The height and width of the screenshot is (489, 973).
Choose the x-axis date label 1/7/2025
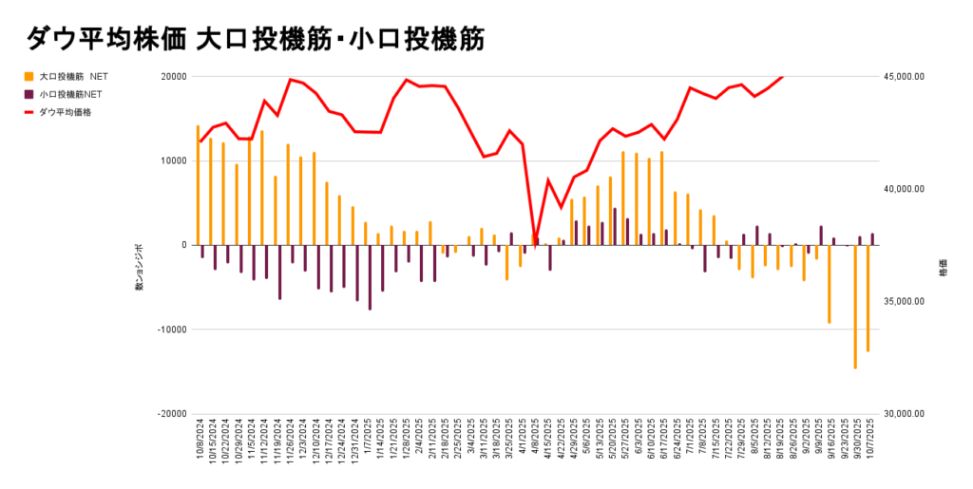click(x=367, y=441)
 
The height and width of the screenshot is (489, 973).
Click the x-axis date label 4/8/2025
click(x=534, y=441)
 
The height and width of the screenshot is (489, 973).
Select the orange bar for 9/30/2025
click(x=855, y=307)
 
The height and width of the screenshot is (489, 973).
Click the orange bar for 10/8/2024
click(x=198, y=185)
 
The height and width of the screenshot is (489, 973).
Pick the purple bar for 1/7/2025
click(x=370, y=277)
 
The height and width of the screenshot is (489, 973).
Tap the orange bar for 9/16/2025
click(x=830, y=284)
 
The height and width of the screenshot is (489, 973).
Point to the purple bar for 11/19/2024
click(x=279, y=273)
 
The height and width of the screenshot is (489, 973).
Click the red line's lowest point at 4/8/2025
click(x=535, y=243)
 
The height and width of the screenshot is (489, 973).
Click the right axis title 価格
click(x=943, y=269)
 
